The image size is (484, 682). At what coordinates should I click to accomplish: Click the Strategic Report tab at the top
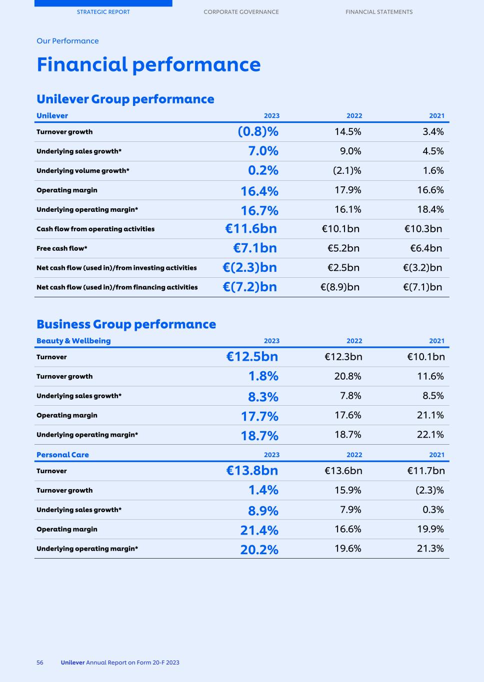point(103,12)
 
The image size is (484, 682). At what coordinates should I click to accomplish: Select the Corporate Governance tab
point(241,12)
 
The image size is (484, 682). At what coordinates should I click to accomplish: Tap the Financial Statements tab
point(379,12)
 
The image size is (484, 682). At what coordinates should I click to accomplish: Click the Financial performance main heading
point(148,65)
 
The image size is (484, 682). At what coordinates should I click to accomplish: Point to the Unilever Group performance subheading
point(125,99)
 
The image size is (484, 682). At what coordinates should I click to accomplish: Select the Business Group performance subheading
point(126,324)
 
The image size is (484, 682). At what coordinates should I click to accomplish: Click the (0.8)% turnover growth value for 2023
point(257,131)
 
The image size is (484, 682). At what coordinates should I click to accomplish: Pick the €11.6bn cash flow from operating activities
point(250,229)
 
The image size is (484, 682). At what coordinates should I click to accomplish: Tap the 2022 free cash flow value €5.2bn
point(343,248)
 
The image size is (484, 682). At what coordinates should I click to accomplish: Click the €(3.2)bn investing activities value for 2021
point(422,268)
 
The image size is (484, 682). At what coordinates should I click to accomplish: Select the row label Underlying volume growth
point(82,171)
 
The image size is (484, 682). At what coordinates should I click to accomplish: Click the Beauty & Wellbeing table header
point(73,341)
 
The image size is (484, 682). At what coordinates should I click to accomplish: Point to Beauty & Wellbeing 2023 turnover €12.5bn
point(251,357)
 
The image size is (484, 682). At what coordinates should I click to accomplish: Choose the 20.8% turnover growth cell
point(347,376)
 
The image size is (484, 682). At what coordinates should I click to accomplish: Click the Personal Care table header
point(62,455)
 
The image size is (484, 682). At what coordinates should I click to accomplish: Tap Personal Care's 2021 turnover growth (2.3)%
point(429,490)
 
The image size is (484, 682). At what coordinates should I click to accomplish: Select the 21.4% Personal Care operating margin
point(259,530)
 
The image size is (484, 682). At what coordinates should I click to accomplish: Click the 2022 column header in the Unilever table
point(354,116)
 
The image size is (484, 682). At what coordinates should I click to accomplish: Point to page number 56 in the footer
point(40,663)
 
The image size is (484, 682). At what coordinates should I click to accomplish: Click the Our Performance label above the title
point(67,41)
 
